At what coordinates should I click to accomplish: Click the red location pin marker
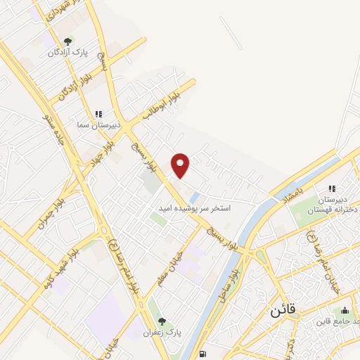coord(181,165)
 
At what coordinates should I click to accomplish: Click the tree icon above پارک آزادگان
coord(67,42)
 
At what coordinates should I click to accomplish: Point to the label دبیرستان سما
coord(99,124)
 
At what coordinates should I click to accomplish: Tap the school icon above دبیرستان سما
coord(98,114)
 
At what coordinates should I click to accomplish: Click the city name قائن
coord(283,309)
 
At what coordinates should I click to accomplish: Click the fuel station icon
coord(202,354)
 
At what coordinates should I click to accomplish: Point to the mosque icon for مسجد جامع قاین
coord(345,311)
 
